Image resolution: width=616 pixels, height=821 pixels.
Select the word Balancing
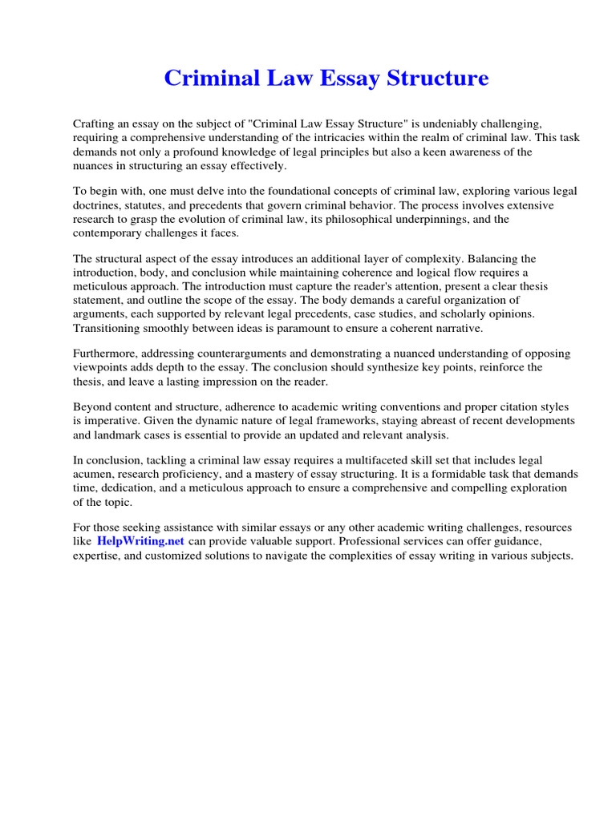click(x=496, y=258)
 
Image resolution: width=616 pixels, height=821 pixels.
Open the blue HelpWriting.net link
click(x=141, y=541)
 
